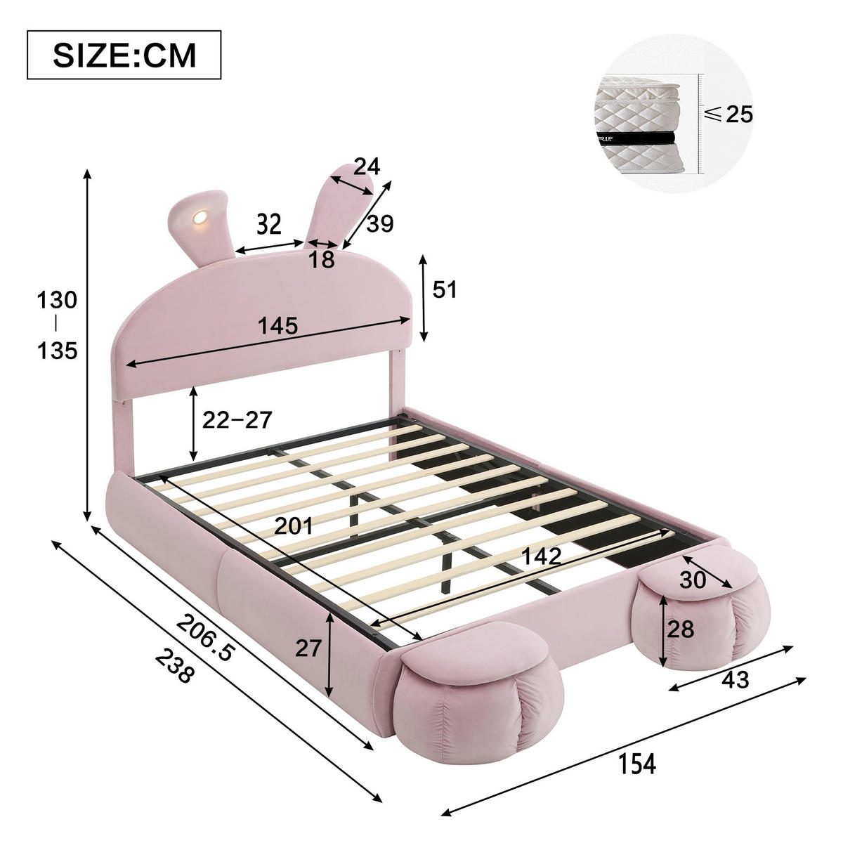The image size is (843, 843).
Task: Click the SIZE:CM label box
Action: pyautogui.click(x=124, y=55)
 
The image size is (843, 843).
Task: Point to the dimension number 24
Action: pyautogui.click(x=366, y=166)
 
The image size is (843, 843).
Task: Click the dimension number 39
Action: pyautogui.click(x=380, y=224)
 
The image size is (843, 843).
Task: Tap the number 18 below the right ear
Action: pyautogui.click(x=322, y=261)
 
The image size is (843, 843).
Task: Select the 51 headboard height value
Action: pyautogui.click(x=444, y=289)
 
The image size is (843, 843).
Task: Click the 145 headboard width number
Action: pyautogui.click(x=278, y=327)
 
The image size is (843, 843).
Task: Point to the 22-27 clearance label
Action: pyautogui.click(x=237, y=420)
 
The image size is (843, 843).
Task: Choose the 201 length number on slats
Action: pyautogui.click(x=293, y=525)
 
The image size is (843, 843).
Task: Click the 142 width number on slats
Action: pyautogui.click(x=541, y=556)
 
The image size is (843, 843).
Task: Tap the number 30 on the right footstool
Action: pyautogui.click(x=694, y=580)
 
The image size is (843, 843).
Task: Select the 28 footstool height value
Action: pyautogui.click(x=680, y=629)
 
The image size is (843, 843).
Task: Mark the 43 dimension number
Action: pyautogui.click(x=735, y=679)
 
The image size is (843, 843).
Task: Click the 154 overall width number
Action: pyautogui.click(x=637, y=763)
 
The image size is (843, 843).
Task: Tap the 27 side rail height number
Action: pyautogui.click(x=308, y=648)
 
